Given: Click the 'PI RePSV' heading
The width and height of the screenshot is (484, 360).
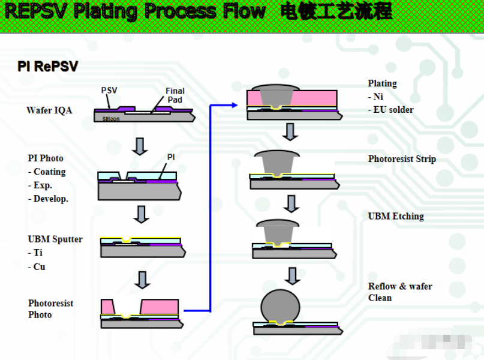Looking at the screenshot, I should [48, 67].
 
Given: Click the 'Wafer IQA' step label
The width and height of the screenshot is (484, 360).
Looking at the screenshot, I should [49, 110].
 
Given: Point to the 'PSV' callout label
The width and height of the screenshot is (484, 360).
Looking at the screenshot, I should [109, 91].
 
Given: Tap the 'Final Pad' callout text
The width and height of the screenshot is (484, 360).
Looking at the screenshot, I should [175, 95].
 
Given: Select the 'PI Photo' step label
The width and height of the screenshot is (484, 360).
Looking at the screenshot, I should [46, 158].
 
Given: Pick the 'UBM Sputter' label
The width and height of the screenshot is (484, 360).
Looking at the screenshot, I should [55, 239].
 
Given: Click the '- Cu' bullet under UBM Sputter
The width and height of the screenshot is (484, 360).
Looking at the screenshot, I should [37, 267].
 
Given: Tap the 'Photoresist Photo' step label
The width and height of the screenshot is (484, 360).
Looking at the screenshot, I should [50, 309].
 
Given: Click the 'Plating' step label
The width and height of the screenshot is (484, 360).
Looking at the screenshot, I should [383, 83].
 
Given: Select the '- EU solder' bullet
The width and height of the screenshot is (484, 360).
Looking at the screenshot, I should [391, 110].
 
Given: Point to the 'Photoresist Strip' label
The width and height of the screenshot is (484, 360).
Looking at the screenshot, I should [402, 159].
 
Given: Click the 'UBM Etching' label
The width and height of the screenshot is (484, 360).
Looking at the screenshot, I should [396, 216].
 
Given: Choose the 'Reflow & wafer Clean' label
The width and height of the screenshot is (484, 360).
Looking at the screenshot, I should [400, 292].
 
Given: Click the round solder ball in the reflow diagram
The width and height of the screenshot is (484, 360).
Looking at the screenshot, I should [280, 305].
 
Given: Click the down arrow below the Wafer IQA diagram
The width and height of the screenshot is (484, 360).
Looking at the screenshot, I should [140, 146].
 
